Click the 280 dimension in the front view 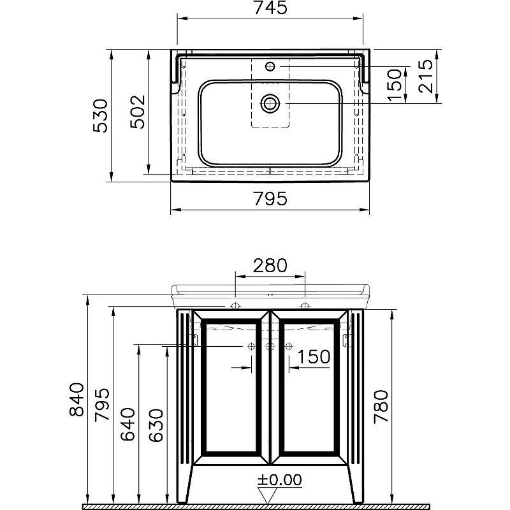click(x=270, y=265)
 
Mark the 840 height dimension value click(x=77, y=400)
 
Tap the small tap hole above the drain click(x=270, y=66)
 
